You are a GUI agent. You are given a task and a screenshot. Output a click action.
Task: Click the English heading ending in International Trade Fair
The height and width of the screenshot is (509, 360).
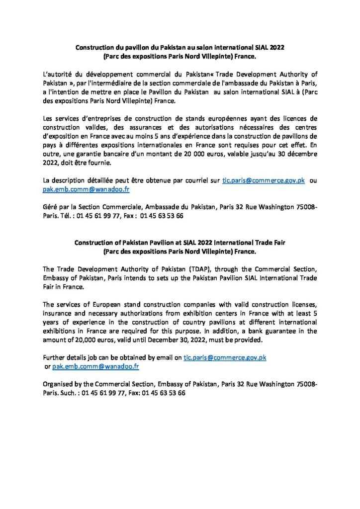click(180, 243)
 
